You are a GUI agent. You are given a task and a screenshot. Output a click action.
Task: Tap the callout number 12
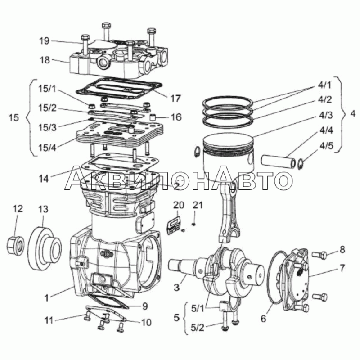(17, 209)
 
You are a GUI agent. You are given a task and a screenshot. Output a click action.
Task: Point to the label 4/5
(327, 146)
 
